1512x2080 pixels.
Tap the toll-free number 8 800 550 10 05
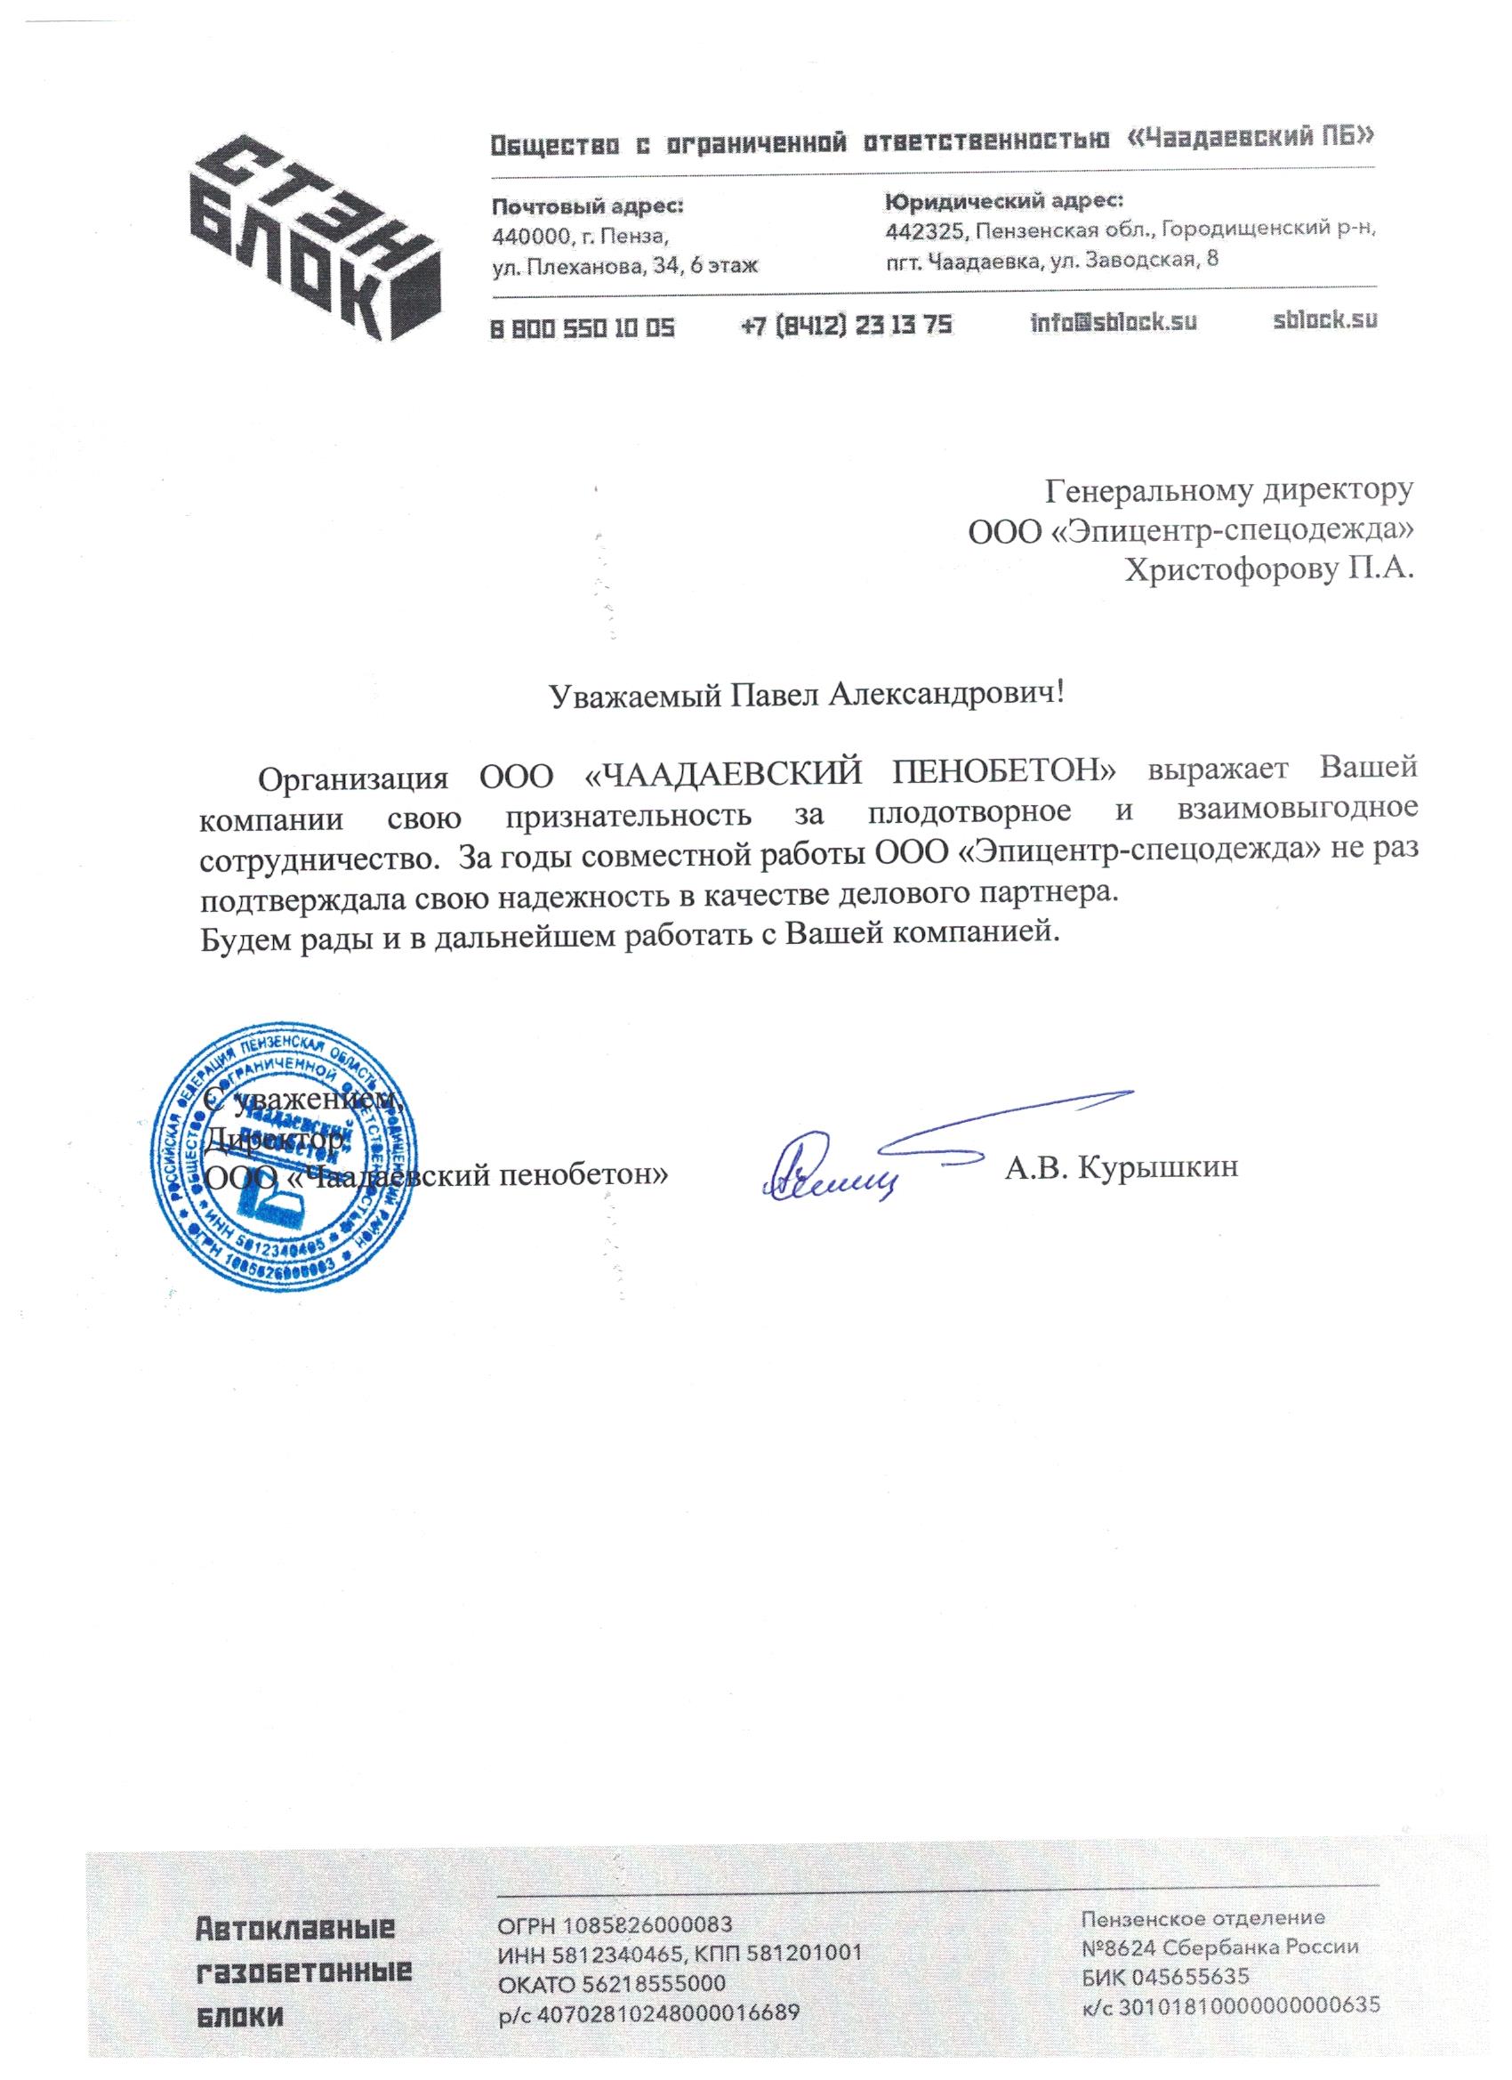pyautogui.click(x=583, y=326)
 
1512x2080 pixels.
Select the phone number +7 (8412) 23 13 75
pyautogui.click(x=847, y=325)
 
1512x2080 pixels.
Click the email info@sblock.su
pyautogui.click(x=1114, y=323)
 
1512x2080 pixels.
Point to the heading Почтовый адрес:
pyautogui.click(x=588, y=206)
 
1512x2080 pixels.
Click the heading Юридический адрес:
pyautogui.click(x=1003, y=200)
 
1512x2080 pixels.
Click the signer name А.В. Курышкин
pyautogui.click(x=1122, y=1167)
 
